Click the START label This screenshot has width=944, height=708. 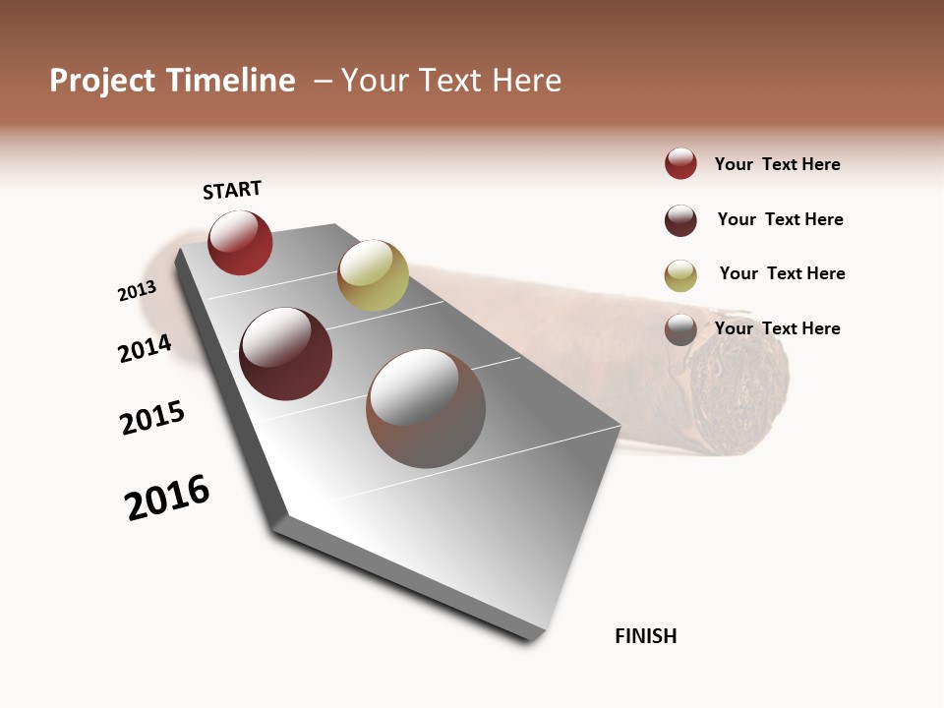232,190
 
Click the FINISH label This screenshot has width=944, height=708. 645,636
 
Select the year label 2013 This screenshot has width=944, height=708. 137,291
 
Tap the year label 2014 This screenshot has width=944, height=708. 145,349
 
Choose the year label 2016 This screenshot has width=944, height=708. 167,498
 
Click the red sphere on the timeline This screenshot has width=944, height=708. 240,243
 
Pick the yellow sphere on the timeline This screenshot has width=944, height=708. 373,275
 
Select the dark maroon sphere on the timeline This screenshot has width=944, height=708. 286,354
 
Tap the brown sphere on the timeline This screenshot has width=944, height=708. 426,408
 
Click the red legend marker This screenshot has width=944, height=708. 680,164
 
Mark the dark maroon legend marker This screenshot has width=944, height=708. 680,220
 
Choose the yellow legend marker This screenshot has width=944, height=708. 680,275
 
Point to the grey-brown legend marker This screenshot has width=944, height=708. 680,329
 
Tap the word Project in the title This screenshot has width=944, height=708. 102,81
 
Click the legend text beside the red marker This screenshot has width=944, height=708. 777,164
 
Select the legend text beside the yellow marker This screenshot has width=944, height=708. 782,273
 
